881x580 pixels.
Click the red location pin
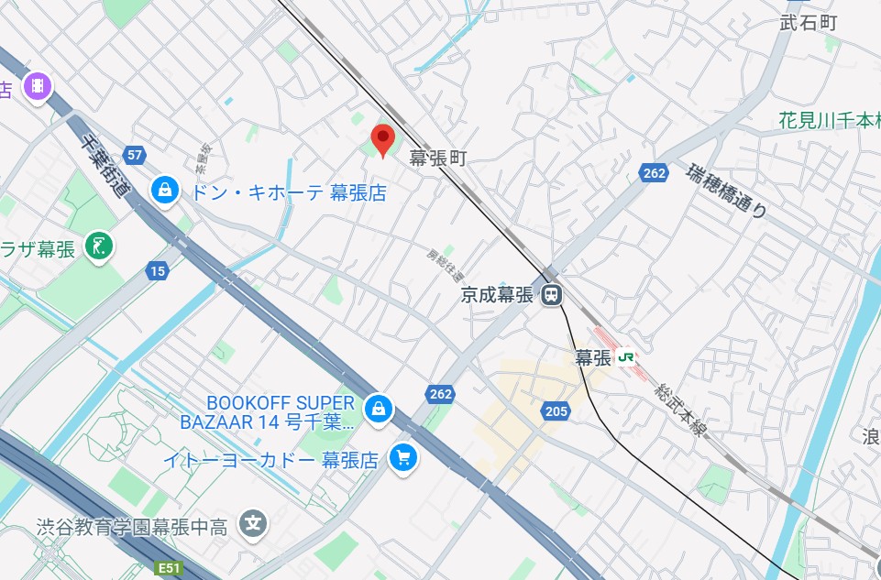[382, 140]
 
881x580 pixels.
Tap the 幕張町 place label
[438, 159]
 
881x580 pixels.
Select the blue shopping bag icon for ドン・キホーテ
[164, 191]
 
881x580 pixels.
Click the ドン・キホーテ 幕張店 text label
[287, 192]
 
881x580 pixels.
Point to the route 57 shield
[135, 155]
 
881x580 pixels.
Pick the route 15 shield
[157, 270]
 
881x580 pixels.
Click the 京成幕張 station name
[497, 295]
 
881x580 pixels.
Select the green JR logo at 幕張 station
[627, 357]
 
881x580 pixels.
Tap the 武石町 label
[809, 23]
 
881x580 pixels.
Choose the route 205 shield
[556, 411]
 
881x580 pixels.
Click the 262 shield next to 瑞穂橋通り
[655, 174]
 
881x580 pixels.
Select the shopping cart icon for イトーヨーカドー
[402, 457]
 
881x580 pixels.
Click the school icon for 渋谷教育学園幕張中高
[251, 524]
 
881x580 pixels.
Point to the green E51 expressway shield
[168, 568]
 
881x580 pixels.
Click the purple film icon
[38, 86]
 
